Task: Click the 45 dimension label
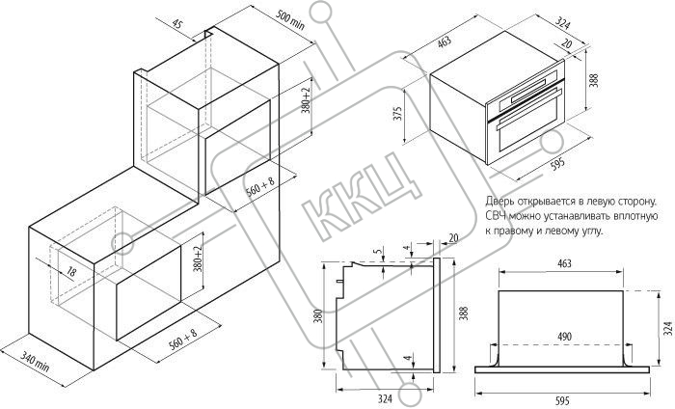[176, 24]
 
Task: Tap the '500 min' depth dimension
[290, 20]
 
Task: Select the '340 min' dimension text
[36, 361]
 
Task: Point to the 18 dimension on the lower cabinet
[71, 271]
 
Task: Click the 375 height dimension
[397, 112]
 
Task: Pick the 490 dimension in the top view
[564, 336]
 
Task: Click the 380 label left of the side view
[318, 316]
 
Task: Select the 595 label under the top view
[562, 401]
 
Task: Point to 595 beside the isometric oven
[558, 164]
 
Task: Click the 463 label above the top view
[564, 263]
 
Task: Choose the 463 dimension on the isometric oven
[445, 41]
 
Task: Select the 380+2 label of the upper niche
[306, 100]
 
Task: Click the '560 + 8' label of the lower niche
[183, 340]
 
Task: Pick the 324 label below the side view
[386, 399]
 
